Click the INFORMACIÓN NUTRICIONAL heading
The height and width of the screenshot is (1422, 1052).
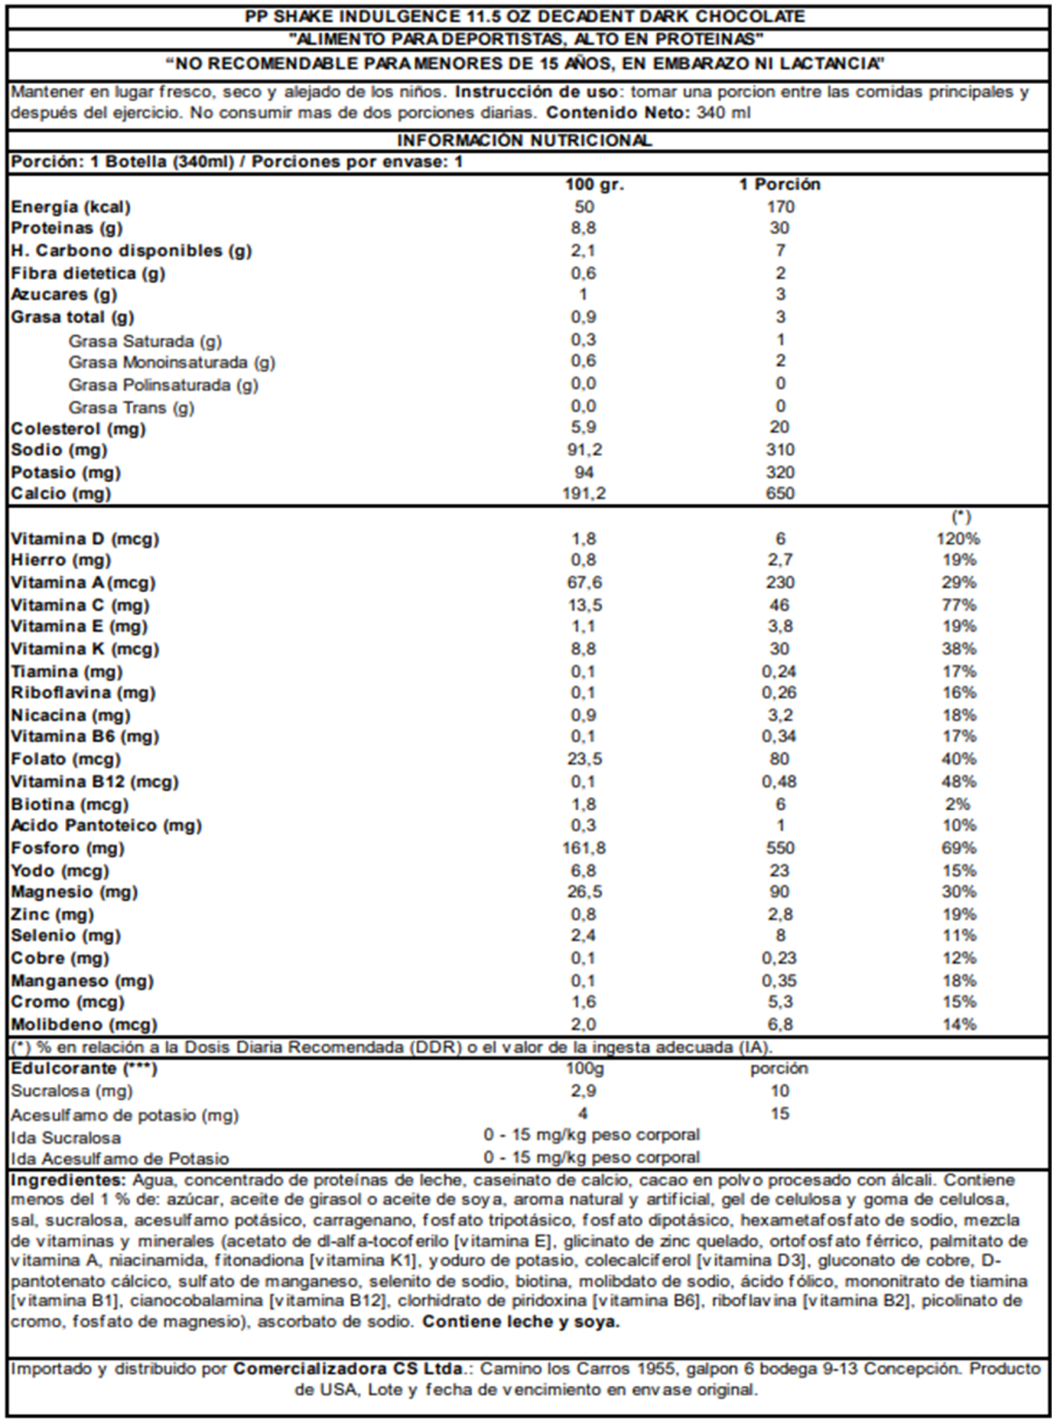(524, 140)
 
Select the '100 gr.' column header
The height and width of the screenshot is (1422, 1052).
(595, 184)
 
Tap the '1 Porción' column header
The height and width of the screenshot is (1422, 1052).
(779, 184)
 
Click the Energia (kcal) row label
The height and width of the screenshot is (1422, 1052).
(71, 207)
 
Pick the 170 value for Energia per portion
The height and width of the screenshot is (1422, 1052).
(780, 207)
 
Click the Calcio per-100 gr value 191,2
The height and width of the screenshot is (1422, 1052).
(584, 493)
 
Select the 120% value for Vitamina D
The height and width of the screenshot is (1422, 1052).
(958, 539)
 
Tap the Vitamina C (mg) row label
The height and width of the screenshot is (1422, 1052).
(80, 605)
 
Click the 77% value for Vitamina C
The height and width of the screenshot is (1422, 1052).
(959, 605)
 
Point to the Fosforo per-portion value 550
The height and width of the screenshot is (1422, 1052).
(780, 848)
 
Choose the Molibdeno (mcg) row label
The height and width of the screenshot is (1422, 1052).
(84, 1025)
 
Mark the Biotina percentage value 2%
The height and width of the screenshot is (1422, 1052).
(958, 804)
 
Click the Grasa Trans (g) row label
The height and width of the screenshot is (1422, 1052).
(131, 408)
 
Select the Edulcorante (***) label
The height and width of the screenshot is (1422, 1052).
(84, 1069)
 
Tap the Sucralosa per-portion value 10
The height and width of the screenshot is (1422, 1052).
(780, 1091)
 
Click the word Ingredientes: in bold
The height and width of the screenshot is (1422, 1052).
(69, 1180)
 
